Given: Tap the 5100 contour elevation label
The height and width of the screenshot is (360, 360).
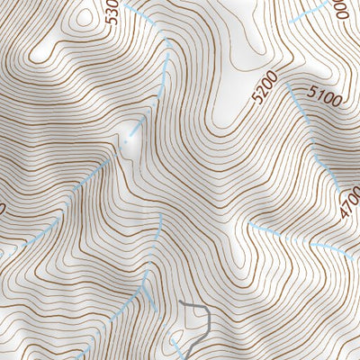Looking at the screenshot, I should [x=324, y=97].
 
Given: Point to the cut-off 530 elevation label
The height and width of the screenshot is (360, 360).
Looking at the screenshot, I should [x=112, y=13].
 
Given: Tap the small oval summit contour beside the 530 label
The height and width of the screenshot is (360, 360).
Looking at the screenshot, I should [x=85, y=15].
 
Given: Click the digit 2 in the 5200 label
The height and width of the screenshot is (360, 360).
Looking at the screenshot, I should [x=258, y=90].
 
